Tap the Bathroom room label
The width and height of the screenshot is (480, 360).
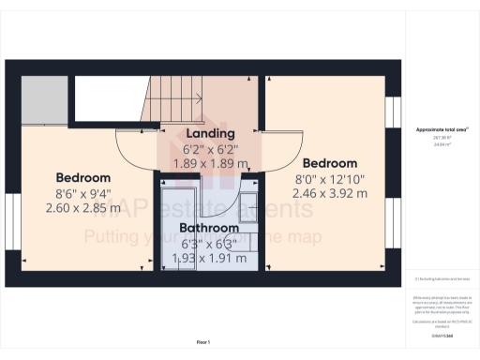coord(209,228)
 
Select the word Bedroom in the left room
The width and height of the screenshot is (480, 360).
coord(82,178)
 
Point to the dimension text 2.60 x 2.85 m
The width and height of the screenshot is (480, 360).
coord(82,209)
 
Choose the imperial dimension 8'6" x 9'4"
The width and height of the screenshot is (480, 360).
coord(82,194)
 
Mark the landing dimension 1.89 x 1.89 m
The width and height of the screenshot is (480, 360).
coord(210,163)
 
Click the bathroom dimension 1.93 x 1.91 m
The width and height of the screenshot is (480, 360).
coord(209,257)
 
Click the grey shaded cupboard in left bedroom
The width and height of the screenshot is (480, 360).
coord(44,97)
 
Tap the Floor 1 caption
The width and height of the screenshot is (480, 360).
coord(203,342)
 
